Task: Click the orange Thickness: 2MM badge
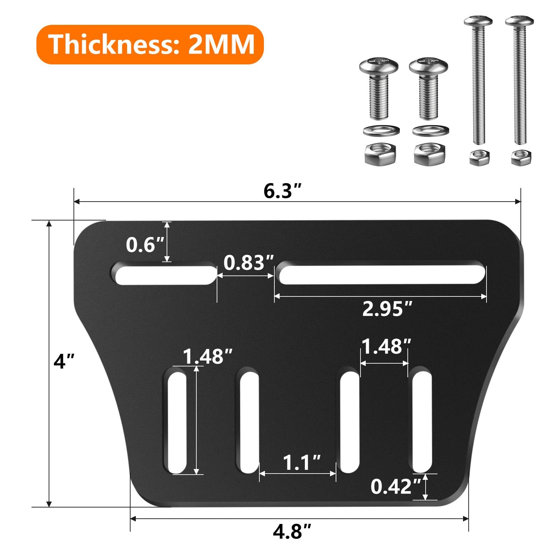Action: coord(150,44)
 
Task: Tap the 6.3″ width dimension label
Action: coord(282,191)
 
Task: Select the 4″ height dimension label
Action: coord(64,361)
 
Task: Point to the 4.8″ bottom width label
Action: coord(292,532)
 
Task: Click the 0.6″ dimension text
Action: coord(145,245)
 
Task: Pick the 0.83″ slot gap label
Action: coord(248,262)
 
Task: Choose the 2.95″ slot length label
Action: coord(387,309)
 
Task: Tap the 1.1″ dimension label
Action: coord(301,463)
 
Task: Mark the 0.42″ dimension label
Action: coord(395,486)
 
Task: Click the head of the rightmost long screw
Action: coord(519,21)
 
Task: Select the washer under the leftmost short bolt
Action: coord(381,131)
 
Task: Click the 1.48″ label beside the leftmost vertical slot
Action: coord(207,357)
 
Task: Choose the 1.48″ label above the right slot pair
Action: coord(386,346)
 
